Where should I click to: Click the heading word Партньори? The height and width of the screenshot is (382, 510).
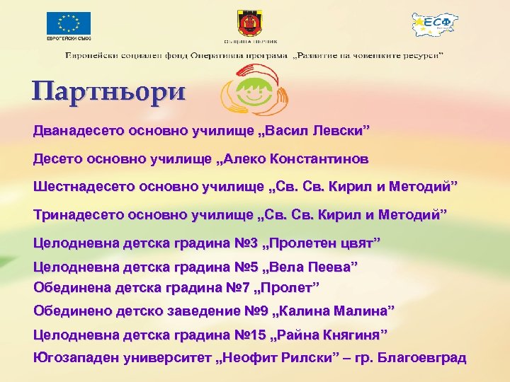coord(108,92)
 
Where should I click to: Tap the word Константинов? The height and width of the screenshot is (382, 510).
coord(319,158)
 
